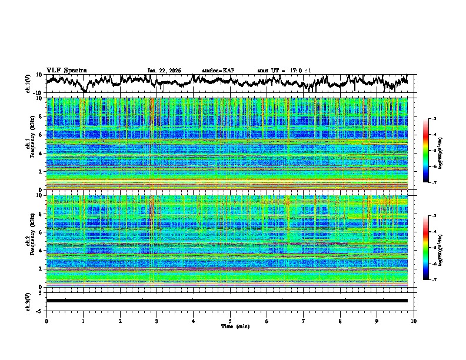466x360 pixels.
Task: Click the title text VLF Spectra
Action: pos(66,70)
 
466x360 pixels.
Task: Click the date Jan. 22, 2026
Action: pos(164,71)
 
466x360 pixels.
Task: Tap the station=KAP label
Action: pos(218,71)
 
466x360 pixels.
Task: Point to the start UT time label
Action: pos(284,71)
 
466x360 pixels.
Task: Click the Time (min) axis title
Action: pos(230,326)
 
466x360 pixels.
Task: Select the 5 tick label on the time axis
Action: pos(230,321)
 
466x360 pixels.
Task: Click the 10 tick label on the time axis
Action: pos(414,321)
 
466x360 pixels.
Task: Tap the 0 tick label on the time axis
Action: pos(46,321)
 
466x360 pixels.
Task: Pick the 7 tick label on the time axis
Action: pos(304,321)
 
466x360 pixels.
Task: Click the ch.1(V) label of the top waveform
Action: pos(28,84)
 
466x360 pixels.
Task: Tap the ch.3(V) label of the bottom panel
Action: pos(28,301)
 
